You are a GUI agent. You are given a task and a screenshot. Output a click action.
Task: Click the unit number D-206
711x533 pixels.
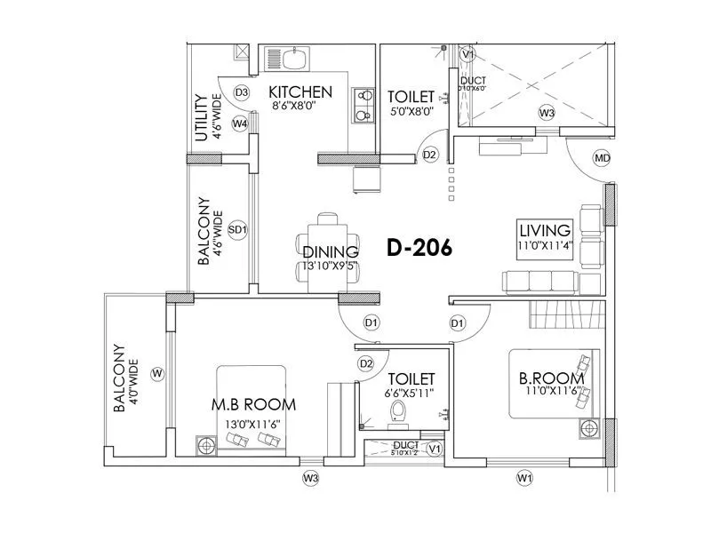point(419,249)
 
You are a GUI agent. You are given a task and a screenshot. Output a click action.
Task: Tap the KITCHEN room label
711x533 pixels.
point(300,92)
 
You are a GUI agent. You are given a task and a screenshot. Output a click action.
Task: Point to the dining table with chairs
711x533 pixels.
point(330,252)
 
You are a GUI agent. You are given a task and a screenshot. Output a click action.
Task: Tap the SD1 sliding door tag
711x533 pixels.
point(237,229)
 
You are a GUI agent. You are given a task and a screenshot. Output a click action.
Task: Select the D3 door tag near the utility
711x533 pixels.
point(241,92)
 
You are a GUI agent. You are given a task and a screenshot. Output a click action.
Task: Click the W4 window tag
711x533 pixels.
point(240,123)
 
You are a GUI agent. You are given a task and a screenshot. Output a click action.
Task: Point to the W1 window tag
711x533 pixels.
point(524,479)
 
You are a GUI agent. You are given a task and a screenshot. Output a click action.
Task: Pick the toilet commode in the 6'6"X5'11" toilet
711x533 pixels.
point(399,411)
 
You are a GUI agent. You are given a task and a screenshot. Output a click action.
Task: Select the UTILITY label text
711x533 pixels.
point(201,118)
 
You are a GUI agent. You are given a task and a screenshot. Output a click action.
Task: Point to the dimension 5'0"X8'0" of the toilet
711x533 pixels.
point(411,112)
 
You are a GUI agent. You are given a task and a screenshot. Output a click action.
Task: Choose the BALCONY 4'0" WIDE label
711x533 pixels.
point(125,379)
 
